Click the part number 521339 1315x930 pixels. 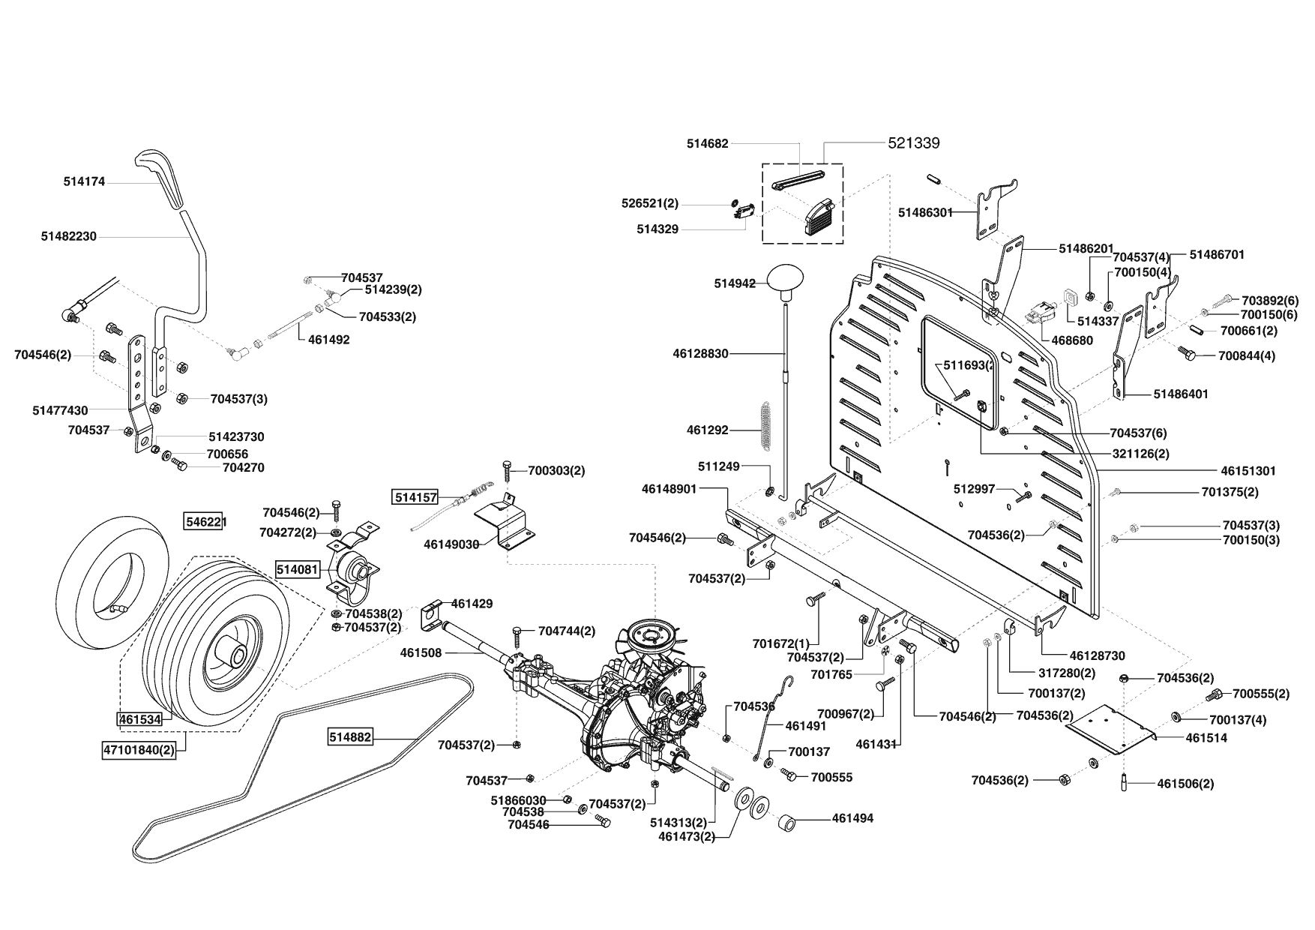(914, 142)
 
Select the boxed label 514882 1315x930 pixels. (350, 737)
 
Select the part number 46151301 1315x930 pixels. (1248, 471)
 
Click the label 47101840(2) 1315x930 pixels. (139, 749)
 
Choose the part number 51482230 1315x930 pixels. (69, 236)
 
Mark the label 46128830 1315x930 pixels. (701, 353)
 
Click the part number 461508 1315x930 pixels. (421, 652)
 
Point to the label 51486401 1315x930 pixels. (1181, 394)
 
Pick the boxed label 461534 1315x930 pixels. (140, 719)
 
